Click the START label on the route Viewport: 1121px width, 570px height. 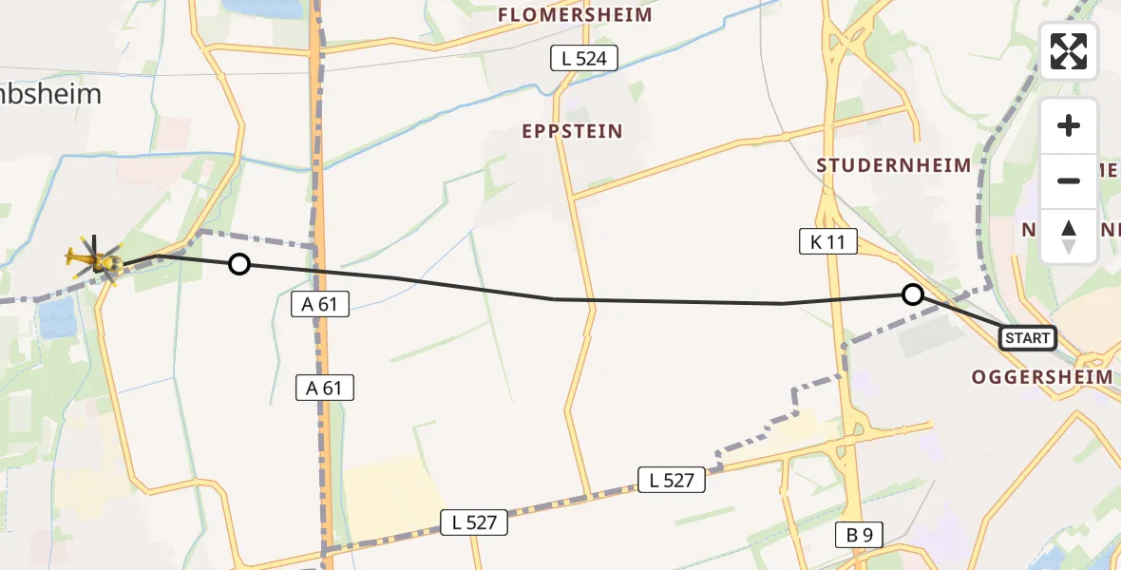click(x=1027, y=338)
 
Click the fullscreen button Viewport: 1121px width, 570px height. click(x=1069, y=51)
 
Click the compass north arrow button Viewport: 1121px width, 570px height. click(x=1069, y=237)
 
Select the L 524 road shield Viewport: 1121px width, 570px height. click(x=584, y=59)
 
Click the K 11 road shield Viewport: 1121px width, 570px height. click(x=827, y=242)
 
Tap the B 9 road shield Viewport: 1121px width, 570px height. click(x=859, y=535)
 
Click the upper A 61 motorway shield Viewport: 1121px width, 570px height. click(x=320, y=304)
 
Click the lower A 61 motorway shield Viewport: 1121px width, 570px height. click(x=324, y=388)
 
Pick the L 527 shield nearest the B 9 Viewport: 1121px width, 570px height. click(x=672, y=481)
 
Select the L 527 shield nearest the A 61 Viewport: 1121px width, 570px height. click(x=474, y=522)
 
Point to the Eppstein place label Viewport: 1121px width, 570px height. click(x=572, y=132)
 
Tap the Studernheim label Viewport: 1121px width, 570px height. click(x=894, y=166)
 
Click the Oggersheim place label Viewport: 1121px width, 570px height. click(x=1041, y=377)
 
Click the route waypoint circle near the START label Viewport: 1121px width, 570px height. click(x=912, y=294)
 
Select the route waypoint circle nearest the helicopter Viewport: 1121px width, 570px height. click(x=239, y=264)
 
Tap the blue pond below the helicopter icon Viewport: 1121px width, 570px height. click(x=56, y=317)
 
